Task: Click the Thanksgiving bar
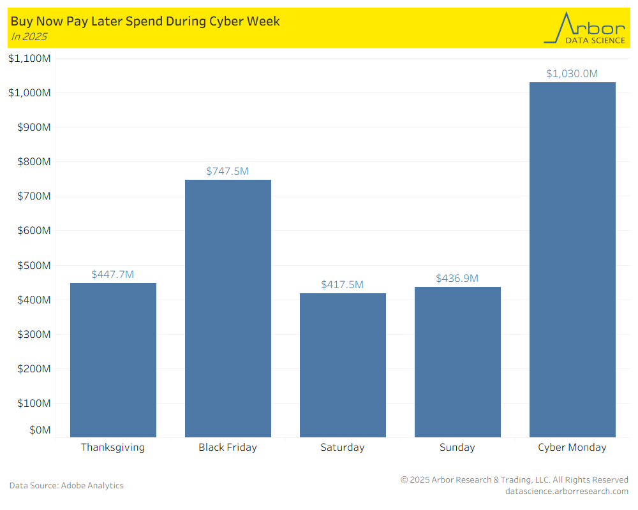click(x=113, y=360)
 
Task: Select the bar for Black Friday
click(x=228, y=309)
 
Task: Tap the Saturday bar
click(x=343, y=365)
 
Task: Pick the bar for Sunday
click(x=457, y=362)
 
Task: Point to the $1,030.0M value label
click(x=572, y=73)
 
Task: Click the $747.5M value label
click(x=228, y=171)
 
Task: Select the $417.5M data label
click(x=343, y=284)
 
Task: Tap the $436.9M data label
click(x=457, y=278)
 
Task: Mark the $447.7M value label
click(x=113, y=274)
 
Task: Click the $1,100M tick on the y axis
click(x=29, y=58)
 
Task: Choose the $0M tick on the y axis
click(x=40, y=430)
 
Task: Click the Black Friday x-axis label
click(x=228, y=447)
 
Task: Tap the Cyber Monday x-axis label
click(x=572, y=447)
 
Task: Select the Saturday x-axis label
click(x=343, y=447)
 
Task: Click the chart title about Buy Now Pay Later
click(x=145, y=21)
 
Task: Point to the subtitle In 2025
click(x=29, y=36)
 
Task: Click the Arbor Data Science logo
click(x=584, y=28)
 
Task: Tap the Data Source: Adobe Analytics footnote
click(x=66, y=485)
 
